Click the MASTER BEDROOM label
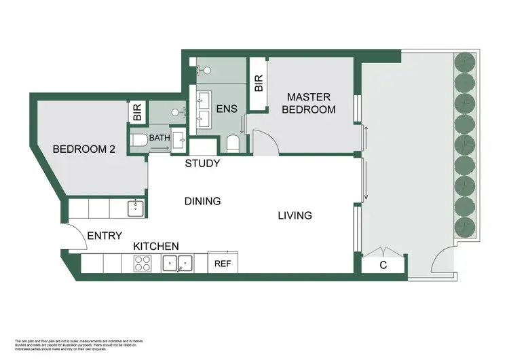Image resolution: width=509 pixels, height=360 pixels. (x=309, y=103)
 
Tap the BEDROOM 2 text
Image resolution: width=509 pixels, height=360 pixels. (x=83, y=149)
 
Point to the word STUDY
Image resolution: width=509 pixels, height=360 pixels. (x=203, y=164)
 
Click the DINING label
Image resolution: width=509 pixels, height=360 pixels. (x=203, y=201)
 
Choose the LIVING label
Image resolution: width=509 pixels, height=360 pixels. (x=295, y=216)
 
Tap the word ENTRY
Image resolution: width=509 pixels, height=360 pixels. (x=105, y=236)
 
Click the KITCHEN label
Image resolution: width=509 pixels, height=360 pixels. (x=155, y=246)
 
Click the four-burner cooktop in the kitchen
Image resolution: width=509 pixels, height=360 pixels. (x=143, y=264)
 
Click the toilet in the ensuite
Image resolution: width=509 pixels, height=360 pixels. (x=232, y=143)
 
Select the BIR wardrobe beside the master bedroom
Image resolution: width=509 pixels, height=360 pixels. (x=259, y=84)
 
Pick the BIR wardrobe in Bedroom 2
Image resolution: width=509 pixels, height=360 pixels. (x=137, y=113)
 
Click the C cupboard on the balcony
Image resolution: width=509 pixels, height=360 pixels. (x=383, y=265)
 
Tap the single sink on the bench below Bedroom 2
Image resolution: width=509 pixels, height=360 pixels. (x=135, y=207)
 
